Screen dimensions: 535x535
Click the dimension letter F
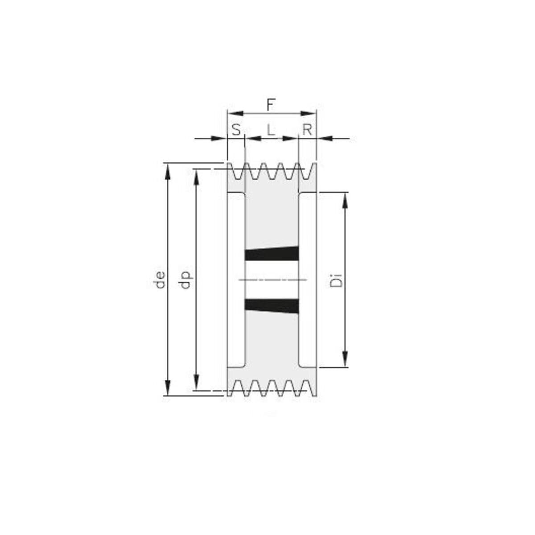271,105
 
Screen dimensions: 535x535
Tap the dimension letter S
236,130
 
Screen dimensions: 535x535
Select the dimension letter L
271,130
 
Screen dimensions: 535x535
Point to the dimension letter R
307,130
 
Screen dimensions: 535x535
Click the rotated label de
160,280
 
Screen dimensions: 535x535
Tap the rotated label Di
336,280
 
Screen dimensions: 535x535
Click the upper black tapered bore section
272,254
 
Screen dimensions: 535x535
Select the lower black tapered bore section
272,306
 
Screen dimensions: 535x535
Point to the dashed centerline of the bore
273,280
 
